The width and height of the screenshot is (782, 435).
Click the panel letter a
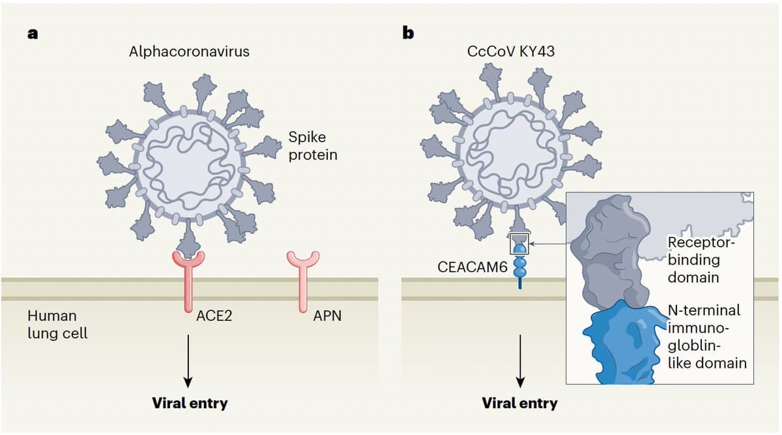point(31,35)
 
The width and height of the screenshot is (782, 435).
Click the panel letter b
point(409,32)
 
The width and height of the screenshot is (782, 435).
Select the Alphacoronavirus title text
point(189,52)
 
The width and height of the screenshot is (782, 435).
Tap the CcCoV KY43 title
point(511,52)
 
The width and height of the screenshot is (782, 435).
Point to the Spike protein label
point(313,146)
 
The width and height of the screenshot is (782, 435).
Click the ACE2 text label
point(214,317)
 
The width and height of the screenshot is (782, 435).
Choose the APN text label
point(327,317)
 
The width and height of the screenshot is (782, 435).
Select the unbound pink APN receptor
point(304,280)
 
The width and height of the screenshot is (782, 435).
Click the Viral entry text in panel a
point(190,402)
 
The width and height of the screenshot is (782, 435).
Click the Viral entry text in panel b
point(519,403)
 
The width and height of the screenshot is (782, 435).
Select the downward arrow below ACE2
point(188,359)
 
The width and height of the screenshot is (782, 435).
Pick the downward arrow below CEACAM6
point(520,359)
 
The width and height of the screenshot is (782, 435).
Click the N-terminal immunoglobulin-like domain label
point(706,337)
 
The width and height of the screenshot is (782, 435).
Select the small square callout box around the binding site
point(520,243)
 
